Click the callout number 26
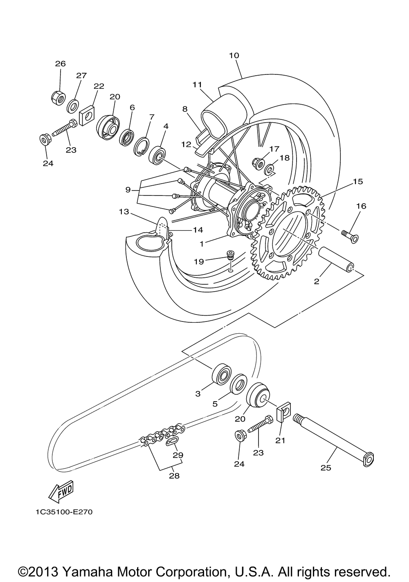pos(60,64)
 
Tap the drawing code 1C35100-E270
pos(61,512)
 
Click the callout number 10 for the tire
pos(234,55)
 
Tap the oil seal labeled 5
pos(238,384)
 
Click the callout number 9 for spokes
pos(128,190)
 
